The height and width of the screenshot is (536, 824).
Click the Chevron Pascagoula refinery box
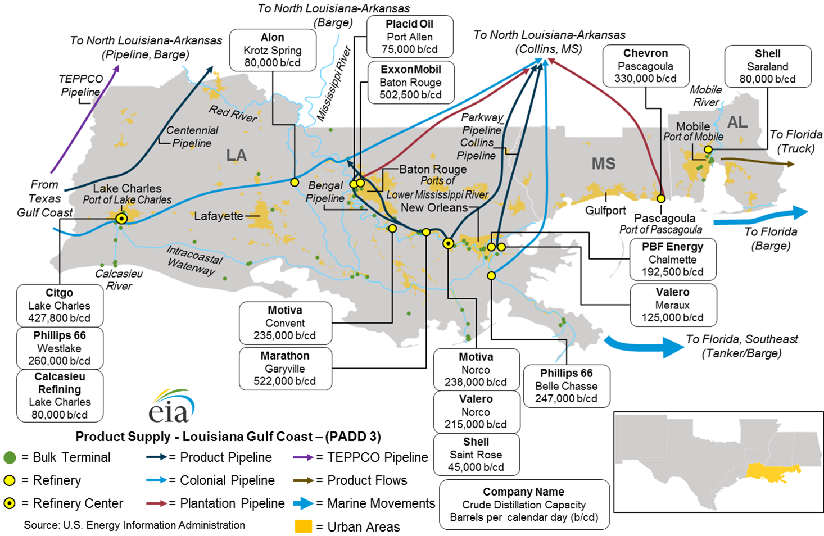(645, 66)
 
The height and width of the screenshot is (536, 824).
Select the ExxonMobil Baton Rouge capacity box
(410, 83)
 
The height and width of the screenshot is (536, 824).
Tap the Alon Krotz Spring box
(273, 50)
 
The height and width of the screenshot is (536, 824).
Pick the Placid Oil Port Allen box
(410, 37)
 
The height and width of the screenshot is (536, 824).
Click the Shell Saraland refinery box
(767, 66)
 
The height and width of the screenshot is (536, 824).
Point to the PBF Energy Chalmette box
(672, 260)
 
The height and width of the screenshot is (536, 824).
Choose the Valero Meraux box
(672, 305)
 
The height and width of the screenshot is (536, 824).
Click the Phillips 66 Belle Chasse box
(566, 386)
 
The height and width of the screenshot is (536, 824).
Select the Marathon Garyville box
(285, 369)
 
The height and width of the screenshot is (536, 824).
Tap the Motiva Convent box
(285, 323)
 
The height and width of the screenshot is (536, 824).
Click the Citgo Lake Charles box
(60, 306)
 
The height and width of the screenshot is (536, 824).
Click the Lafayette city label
(218, 216)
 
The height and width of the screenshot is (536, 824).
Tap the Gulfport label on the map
(605, 210)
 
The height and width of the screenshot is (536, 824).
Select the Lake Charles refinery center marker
(121, 219)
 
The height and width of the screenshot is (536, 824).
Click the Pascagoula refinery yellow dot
(661, 198)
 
